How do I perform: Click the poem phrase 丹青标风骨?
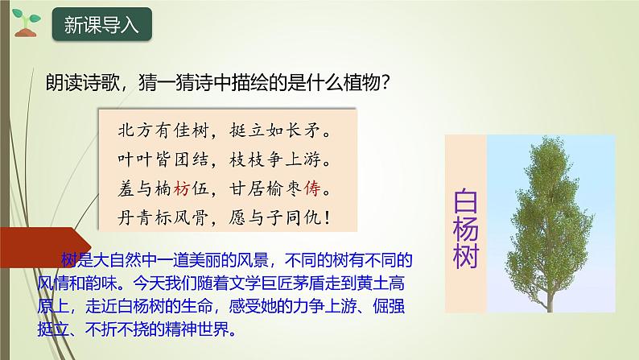coord(155,219)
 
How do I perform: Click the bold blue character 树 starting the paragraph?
coord(68,259)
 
